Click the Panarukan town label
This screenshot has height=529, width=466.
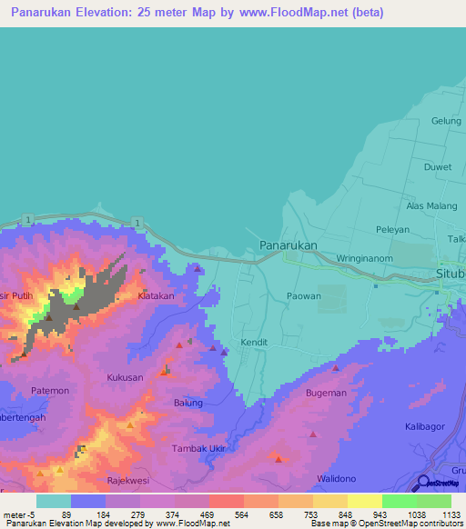[x=289, y=245]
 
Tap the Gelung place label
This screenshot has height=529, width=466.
[x=446, y=121]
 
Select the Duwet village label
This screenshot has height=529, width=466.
[x=438, y=166]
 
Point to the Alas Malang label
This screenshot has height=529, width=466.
[x=431, y=206]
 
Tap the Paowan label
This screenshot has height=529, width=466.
[x=304, y=295]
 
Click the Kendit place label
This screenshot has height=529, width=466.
[x=255, y=343]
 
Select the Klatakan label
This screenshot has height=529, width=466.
[x=155, y=296]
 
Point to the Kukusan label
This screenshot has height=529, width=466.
[x=125, y=376]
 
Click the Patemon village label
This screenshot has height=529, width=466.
[x=50, y=391]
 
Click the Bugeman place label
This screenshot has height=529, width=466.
[x=326, y=393]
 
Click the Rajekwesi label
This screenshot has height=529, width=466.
[x=127, y=482]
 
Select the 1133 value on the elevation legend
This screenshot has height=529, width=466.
[x=451, y=514]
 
